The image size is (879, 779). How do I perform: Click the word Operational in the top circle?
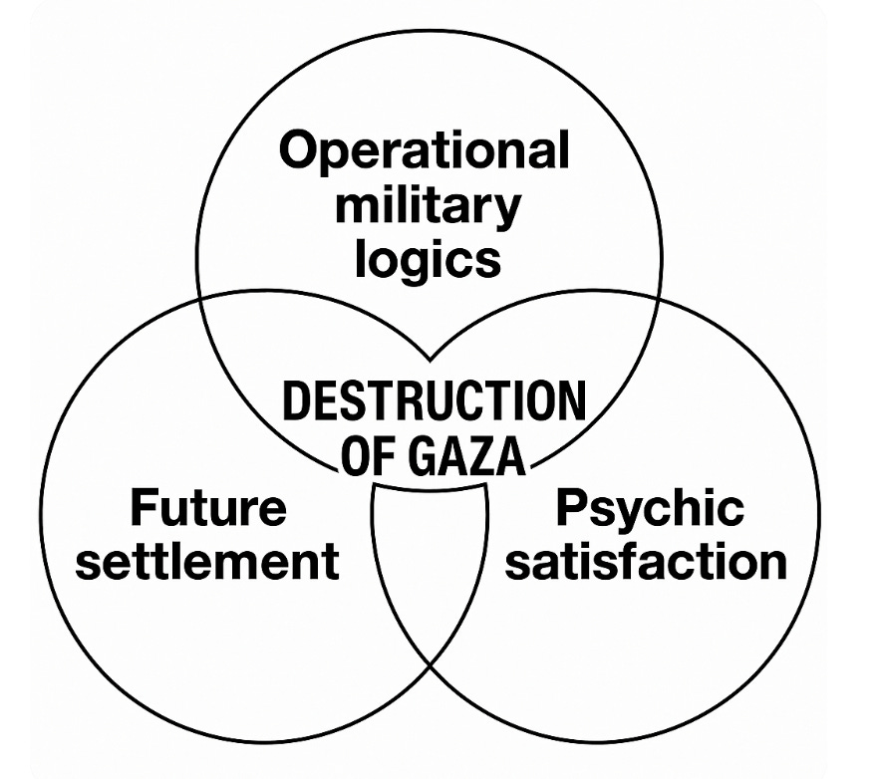(x=425, y=152)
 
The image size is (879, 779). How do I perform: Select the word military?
(x=428, y=206)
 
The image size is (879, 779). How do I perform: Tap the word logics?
(x=430, y=260)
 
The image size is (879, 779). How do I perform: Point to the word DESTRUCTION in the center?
(x=434, y=402)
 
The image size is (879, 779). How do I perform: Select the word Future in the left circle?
(x=208, y=509)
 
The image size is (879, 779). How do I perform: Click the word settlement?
(x=208, y=562)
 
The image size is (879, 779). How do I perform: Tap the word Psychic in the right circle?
(x=649, y=509)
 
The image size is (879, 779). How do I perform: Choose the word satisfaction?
(x=646, y=562)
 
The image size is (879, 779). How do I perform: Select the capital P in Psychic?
(x=572, y=508)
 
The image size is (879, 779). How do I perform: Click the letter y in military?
(x=506, y=210)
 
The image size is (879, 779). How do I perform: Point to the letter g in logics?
(x=414, y=264)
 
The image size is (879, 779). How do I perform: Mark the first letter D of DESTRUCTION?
(x=295, y=402)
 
